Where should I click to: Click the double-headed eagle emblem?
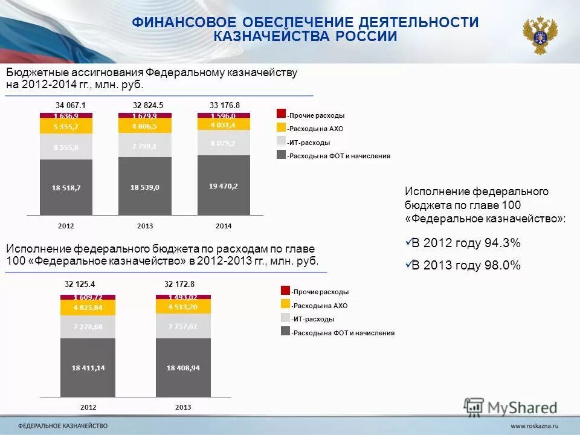(540, 36)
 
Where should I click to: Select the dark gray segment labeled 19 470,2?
(224, 185)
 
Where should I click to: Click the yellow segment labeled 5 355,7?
(66, 126)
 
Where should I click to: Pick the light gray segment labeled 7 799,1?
(144, 146)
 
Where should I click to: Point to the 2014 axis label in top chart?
(224, 226)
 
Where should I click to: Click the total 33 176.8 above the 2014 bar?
(225, 105)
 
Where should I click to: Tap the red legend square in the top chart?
(281, 114)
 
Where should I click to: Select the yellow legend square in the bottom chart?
(285, 304)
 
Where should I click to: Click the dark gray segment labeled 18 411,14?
(88, 367)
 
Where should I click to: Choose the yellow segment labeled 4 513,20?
(183, 306)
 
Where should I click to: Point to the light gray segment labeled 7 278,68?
(88, 326)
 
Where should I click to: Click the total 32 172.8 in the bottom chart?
(180, 283)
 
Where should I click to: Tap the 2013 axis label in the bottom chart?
(183, 407)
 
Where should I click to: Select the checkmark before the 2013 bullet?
(407, 264)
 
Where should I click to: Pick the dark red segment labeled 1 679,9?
(144, 116)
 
